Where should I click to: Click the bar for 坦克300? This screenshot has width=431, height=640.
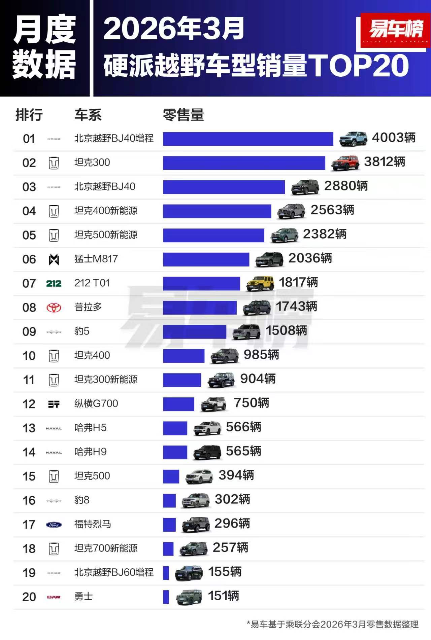point(244,163)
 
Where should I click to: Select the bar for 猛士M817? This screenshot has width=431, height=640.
point(206,259)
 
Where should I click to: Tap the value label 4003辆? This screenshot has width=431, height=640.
point(393,138)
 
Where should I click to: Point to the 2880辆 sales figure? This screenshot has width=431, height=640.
point(346,186)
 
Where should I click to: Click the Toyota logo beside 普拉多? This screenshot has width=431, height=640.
point(54,308)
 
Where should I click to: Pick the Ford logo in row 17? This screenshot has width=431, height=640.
point(54,525)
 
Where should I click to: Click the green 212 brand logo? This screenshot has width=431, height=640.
point(54,284)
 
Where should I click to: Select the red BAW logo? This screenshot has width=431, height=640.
point(54,597)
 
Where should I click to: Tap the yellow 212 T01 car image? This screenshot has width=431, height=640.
point(260,283)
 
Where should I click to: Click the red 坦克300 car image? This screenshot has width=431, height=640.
point(345,163)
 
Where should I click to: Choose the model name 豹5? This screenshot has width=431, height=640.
point(82,331)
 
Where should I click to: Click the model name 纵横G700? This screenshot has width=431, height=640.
point(96,403)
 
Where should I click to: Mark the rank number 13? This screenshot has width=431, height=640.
point(29,428)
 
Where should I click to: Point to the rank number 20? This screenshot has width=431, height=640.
point(29,597)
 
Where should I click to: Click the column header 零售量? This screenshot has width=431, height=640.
point(184,115)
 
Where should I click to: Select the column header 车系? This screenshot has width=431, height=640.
point(88,115)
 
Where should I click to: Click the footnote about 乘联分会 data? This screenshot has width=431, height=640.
point(333,625)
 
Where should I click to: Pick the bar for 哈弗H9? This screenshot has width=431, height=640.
point(175,452)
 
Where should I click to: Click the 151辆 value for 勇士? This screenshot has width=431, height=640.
point(224,596)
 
